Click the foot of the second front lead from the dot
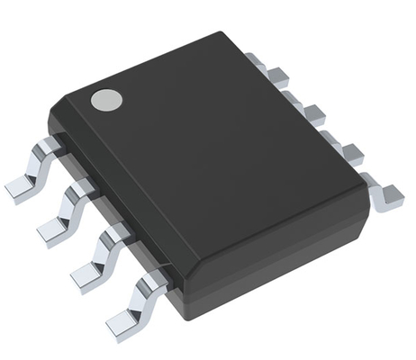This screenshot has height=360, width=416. click(52, 231)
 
